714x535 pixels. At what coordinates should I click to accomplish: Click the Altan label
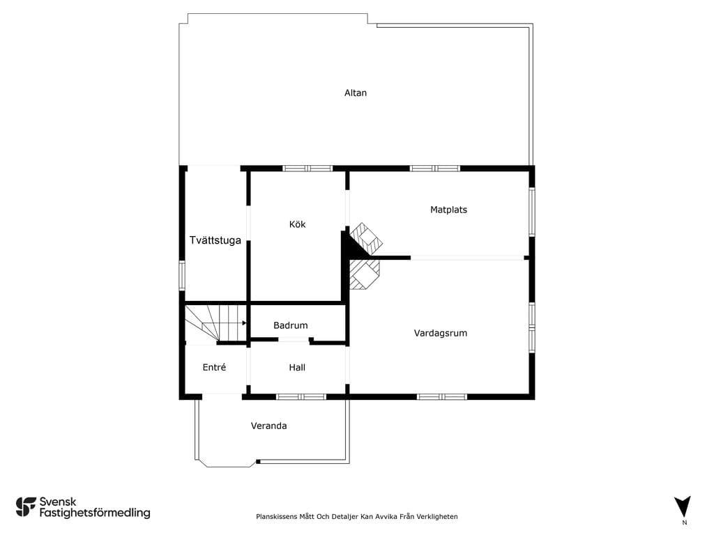pos(355,93)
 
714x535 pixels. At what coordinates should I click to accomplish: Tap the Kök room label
pos(297,224)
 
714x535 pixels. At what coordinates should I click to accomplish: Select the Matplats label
pos(448,209)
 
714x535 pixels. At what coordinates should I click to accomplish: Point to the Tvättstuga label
pos(215,240)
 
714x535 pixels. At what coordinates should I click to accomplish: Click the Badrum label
pos(291,325)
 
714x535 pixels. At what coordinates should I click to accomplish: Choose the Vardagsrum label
pos(441,333)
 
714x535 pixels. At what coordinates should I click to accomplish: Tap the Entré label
pos(214,367)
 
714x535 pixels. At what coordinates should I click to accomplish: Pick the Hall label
pos(297,367)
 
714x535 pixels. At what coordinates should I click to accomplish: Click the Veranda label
pos(268,426)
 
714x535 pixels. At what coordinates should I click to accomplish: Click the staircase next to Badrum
pos(216,323)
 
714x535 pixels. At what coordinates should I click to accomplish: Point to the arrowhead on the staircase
pos(245,323)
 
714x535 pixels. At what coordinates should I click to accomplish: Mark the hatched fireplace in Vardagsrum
pos(364,274)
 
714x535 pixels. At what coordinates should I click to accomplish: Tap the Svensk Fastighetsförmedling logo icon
pos(26,507)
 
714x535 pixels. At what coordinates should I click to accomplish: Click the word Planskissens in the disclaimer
pos(276,516)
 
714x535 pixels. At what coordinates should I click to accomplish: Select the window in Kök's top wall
pos(307,169)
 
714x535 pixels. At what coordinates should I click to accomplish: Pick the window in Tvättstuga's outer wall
pos(182,275)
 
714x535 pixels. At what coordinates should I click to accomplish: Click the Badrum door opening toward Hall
pos(294,339)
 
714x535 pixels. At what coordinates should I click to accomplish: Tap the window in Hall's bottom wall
pos(301,396)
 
